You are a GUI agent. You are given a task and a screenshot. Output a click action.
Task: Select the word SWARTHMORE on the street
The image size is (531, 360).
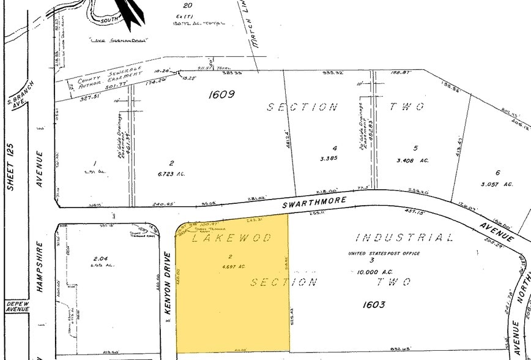tap(314, 201)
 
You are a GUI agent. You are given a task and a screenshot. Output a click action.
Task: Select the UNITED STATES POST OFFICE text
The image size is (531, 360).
tap(384, 253)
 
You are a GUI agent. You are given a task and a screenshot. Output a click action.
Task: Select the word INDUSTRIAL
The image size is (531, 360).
tap(404, 238)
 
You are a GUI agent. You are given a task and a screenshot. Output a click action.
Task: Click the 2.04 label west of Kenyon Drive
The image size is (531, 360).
tap(100, 259)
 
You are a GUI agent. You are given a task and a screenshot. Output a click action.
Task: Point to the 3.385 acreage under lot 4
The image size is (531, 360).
tap(335, 158)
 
